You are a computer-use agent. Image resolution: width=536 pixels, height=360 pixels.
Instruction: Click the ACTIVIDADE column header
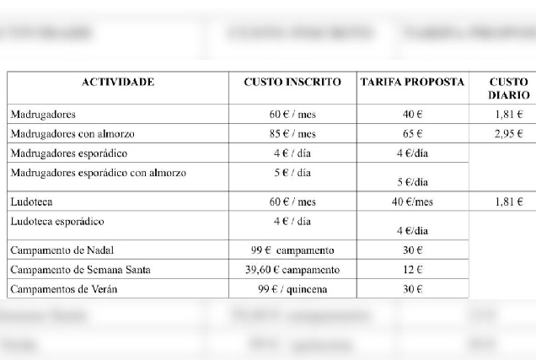117,83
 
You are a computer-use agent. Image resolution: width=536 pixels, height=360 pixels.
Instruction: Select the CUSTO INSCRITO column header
292,83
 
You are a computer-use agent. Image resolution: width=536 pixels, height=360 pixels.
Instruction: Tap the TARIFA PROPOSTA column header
412,83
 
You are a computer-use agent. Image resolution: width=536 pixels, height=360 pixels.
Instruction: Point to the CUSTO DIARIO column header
508,89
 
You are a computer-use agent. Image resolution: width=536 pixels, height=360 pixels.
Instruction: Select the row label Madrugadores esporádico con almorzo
98,174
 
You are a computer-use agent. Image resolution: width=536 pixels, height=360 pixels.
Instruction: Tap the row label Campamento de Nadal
63,251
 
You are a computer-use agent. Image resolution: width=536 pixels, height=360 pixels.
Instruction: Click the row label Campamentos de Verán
64,289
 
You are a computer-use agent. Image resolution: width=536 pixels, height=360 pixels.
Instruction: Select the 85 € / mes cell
292,134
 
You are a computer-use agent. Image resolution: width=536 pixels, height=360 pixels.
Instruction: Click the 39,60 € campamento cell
292,270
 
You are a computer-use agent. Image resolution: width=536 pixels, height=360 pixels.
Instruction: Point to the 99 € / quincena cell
292,289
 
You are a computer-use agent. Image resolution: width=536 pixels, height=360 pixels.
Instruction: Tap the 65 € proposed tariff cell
412,134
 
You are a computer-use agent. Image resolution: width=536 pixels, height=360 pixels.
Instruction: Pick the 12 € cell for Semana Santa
412,270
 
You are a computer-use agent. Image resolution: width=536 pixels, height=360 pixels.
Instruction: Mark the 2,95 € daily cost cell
508,134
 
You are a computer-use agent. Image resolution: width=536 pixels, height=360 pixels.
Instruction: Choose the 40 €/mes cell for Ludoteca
412,202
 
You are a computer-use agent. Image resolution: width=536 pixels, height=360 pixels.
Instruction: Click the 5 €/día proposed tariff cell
412,182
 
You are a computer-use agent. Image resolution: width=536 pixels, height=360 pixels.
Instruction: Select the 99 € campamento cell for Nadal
292,251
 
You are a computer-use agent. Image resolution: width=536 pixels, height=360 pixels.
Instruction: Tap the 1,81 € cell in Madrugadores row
508,115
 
